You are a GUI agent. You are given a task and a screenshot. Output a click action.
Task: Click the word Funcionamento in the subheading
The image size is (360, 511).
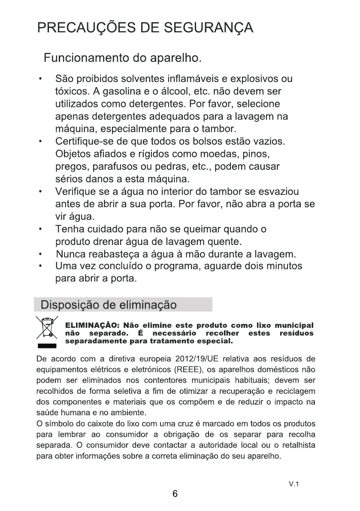[82, 57]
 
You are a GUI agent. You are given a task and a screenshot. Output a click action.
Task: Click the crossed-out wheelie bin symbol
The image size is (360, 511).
[46, 328]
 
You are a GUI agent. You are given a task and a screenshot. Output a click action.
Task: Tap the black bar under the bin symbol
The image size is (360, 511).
[46, 345]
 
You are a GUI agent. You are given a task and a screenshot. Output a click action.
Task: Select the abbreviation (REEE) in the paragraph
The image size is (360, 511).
[187, 369]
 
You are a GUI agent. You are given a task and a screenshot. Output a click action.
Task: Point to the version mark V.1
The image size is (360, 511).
[293, 484]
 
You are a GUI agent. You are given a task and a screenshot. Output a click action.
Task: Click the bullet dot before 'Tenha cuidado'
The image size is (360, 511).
[40, 229]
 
